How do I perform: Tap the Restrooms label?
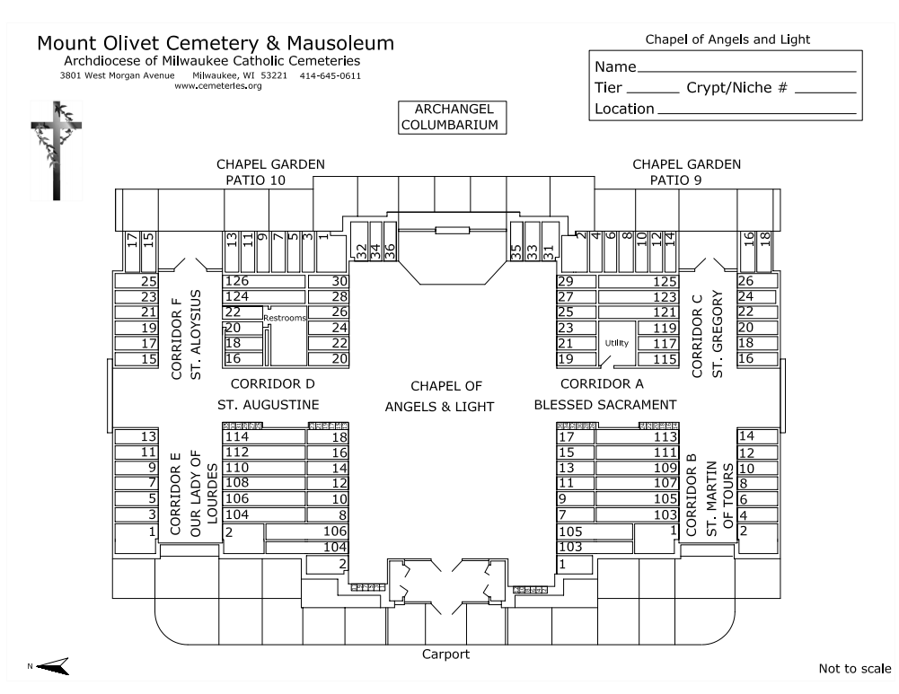[x=285, y=318]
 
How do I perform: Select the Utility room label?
[x=617, y=343]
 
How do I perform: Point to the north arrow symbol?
[x=54, y=665]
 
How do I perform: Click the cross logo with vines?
[x=55, y=151]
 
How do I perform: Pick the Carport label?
[x=445, y=654]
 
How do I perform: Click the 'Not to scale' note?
[x=854, y=669]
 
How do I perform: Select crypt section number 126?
[x=237, y=281]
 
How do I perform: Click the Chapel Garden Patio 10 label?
[x=270, y=172]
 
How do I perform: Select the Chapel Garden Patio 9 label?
[x=686, y=172]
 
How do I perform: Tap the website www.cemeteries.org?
[x=217, y=86]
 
